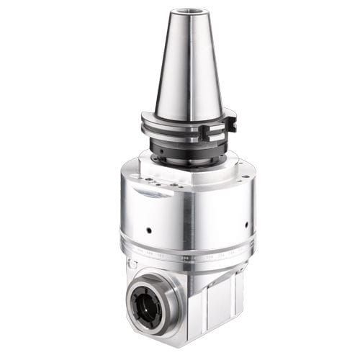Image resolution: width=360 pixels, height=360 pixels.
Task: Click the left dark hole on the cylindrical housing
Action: tap(147, 231)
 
